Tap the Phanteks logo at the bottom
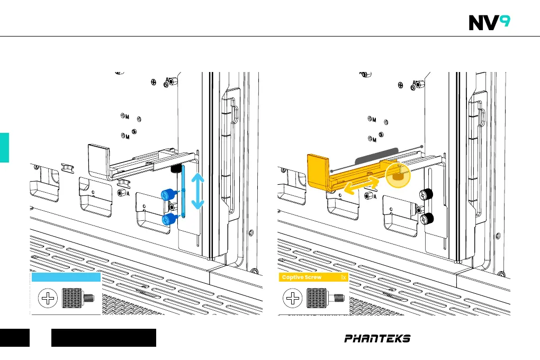pos(377,338)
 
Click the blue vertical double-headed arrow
pos(197,192)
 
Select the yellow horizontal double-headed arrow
pos(362,186)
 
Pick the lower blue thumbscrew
pos(168,219)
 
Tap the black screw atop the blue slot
pos(175,169)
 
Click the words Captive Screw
pos(302,277)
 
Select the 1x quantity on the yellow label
pos(344,277)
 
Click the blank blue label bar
pos(66,277)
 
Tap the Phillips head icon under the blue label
pos(48,299)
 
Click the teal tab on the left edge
pos(4,148)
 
